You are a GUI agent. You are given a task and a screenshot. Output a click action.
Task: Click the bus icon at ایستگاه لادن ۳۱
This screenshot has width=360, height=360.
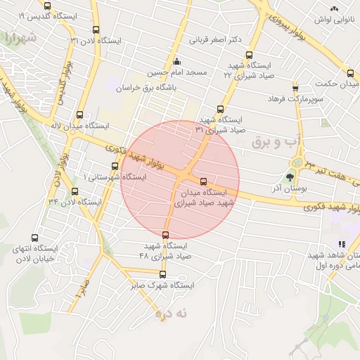[96, 30]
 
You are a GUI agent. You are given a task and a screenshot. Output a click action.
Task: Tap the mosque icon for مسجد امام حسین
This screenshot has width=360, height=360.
[176, 61]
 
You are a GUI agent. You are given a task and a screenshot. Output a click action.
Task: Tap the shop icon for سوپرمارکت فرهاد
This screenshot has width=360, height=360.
[295, 88]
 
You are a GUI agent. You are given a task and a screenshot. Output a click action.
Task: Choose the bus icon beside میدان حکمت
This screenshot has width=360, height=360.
[350, 72]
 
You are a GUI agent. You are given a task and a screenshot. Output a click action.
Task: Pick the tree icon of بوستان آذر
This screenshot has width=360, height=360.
[290, 177]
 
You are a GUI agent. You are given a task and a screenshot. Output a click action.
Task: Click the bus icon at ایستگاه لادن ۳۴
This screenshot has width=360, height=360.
[75, 191]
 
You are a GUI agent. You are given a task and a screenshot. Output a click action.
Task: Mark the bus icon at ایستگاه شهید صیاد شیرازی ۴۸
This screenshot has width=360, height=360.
[166, 235]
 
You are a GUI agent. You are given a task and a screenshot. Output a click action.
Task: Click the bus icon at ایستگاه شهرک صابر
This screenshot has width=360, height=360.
[163, 274]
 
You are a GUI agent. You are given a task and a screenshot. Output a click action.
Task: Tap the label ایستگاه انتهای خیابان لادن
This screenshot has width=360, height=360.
[41, 253]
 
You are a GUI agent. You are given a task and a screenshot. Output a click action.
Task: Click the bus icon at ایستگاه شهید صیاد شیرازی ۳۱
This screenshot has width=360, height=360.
[221, 109]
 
